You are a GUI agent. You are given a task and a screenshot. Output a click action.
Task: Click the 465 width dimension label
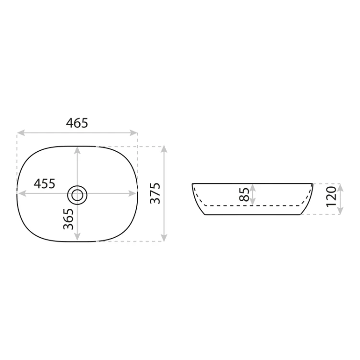[77, 123]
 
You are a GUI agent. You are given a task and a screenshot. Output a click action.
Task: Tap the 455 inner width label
[45, 184]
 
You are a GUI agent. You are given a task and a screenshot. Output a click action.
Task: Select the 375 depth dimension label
[155, 193]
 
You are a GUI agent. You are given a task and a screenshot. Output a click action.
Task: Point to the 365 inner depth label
[69, 219]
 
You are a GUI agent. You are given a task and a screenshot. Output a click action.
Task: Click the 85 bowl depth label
[244, 194]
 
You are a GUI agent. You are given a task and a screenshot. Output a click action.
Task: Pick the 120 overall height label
[332, 196]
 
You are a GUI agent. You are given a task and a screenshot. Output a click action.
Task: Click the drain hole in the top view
[77, 195]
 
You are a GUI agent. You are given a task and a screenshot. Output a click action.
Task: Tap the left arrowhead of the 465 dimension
[21, 132]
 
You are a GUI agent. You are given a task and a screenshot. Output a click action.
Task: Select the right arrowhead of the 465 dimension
[133, 132]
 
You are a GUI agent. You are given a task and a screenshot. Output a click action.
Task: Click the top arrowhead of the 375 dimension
[164, 149]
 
